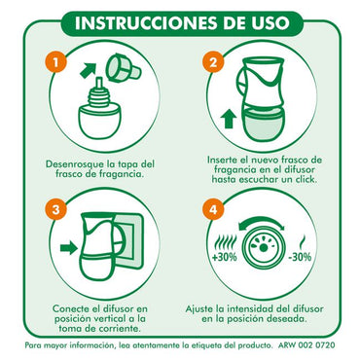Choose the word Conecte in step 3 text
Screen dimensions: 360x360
(52, 309)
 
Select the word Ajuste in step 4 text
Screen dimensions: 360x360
(201, 309)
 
